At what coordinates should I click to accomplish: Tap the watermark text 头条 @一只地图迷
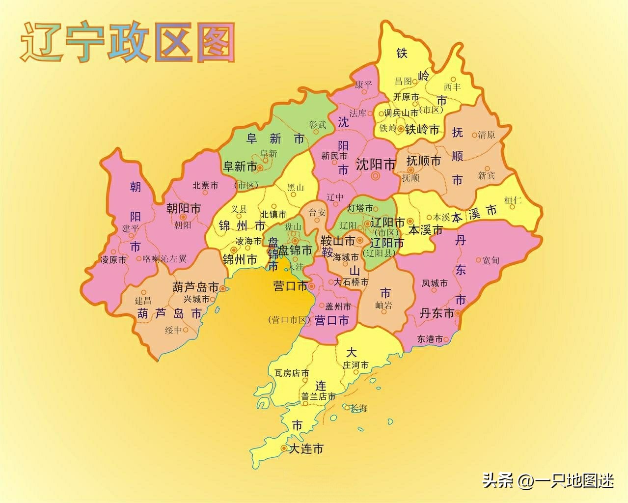[x=547, y=480]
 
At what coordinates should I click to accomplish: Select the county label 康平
[x=364, y=84]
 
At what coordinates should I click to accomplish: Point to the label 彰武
[x=318, y=125]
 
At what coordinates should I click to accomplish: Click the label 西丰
[x=452, y=86]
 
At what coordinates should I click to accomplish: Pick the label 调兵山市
[x=401, y=112]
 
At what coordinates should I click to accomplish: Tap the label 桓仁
[x=513, y=200]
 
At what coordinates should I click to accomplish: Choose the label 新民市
[x=334, y=156]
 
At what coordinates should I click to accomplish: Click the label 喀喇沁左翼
[x=164, y=258]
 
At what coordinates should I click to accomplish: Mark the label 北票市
[x=205, y=185]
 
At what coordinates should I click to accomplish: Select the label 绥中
[x=173, y=330]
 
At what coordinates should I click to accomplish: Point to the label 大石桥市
[x=351, y=282]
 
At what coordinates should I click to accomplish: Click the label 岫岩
[x=384, y=306]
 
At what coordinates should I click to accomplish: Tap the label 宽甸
[x=491, y=260]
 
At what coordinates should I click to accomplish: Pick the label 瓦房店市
[x=292, y=373]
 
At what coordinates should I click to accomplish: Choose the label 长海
[x=358, y=408]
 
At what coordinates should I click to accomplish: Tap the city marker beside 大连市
[x=283, y=448]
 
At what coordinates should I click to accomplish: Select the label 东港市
[x=430, y=338]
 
